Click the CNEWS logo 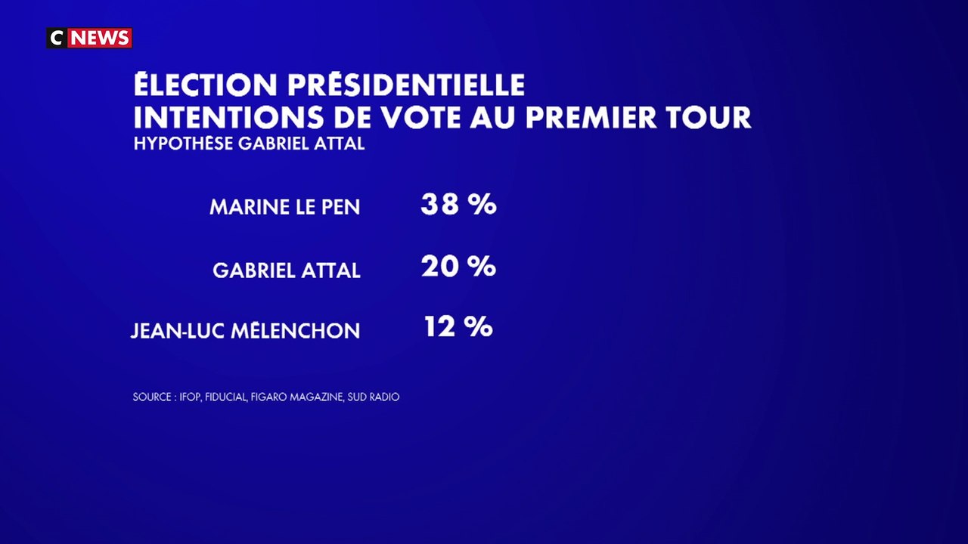tap(89, 38)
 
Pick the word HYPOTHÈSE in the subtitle tap(184, 144)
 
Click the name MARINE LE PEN tap(285, 207)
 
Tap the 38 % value tap(458, 204)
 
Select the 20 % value tap(458, 266)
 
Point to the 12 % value tap(458, 327)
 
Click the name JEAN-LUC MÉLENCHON tap(245, 331)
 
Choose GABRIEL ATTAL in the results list tap(287, 270)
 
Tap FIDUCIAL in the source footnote tap(225, 397)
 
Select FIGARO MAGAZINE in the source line tap(296, 397)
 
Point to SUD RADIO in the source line tap(373, 397)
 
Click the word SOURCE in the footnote tap(150, 397)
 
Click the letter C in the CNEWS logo tap(57, 38)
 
